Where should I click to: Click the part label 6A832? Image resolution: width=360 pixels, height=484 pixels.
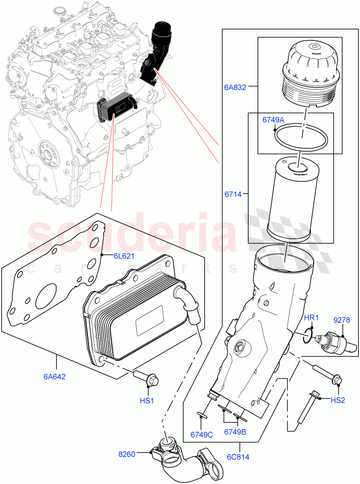(234, 86)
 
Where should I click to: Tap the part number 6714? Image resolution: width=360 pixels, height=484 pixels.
(233, 194)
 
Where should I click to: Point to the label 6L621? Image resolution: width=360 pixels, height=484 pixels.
(124, 256)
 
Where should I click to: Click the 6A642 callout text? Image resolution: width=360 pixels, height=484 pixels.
(55, 377)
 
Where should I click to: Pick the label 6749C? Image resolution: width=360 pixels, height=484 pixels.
(202, 434)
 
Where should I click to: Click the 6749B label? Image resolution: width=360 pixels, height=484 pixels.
(235, 432)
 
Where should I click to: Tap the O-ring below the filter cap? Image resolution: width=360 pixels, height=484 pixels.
(301, 137)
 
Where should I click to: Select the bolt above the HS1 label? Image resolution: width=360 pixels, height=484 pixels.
(147, 378)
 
